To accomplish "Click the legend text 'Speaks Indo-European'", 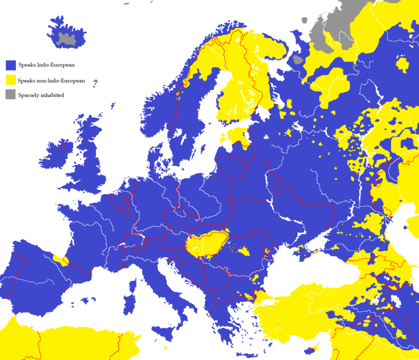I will coord(46,65).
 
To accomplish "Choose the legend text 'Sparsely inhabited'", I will coord(41,95).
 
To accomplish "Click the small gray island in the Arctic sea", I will coord(298,59).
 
